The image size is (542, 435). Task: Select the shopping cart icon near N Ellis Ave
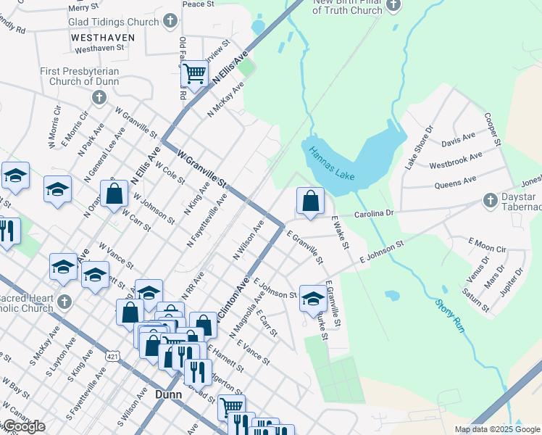pyautogui.click(x=194, y=72)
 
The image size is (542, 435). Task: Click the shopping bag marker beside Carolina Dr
pyautogui.click(x=310, y=200)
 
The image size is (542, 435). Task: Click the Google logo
pyautogui.click(x=23, y=426)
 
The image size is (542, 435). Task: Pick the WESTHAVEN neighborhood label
pyautogui.click(x=104, y=37)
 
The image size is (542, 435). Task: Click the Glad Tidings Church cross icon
pyautogui.click(x=170, y=21)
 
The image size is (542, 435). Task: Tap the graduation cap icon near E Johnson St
pyautogui.click(x=312, y=297)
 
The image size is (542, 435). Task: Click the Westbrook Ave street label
pyautogui.click(x=455, y=160)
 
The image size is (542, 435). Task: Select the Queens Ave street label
pyautogui.click(x=455, y=181)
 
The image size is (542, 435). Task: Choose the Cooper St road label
pyautogui.click(x=493, y=129)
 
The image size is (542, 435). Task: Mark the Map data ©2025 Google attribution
pyautogui.click(x=498, y=429)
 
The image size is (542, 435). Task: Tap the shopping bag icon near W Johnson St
pyautogui.click(x=114, y=194)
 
